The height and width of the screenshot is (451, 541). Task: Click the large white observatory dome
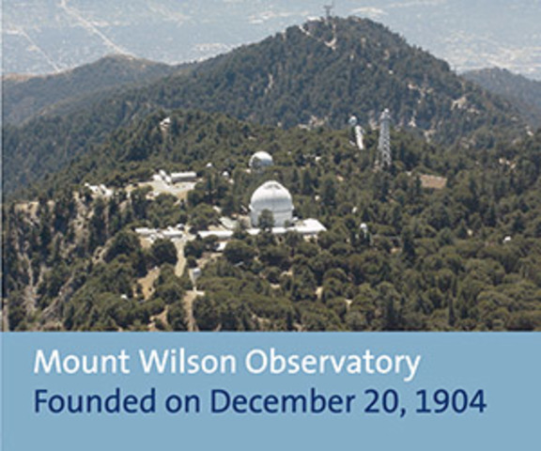pos(270,202)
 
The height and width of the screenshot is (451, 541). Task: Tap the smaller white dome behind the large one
pos(261,161)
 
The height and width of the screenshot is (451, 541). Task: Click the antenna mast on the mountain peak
pos(328,13)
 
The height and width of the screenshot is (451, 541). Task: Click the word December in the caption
pos(259,401)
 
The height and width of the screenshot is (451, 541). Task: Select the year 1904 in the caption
pos(455,401)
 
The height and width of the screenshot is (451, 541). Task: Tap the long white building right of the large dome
pos(306,226)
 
